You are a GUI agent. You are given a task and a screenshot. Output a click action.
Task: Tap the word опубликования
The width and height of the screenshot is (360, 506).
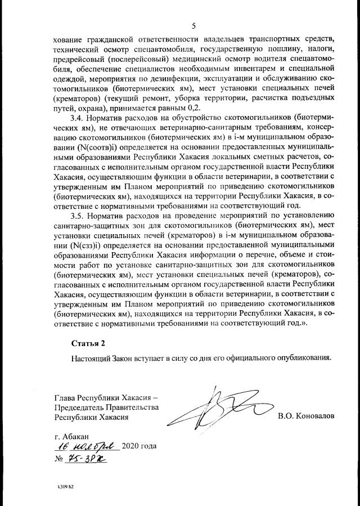303,357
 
